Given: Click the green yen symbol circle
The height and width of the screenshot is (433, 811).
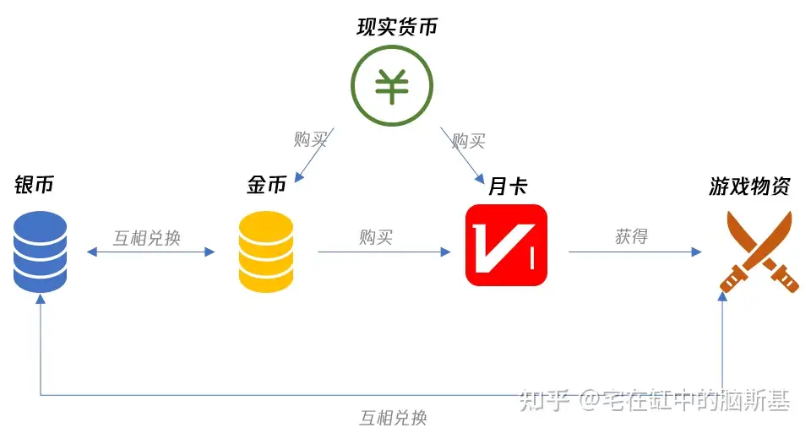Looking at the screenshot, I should [392, 84].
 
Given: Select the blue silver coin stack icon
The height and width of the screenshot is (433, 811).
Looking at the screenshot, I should [41, 251].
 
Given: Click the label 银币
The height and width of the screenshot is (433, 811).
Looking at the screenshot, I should [34, 186].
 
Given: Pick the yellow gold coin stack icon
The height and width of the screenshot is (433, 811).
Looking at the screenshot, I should [266, 251].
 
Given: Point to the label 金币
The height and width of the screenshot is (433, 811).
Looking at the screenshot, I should [266, 186].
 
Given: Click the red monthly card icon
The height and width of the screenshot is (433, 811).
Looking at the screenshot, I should [506, 245].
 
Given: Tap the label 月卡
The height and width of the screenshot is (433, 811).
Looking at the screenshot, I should [507, 186].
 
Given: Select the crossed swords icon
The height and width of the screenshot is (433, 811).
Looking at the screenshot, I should [759, 252].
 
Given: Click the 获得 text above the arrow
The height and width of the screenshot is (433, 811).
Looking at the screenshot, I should [631, 236].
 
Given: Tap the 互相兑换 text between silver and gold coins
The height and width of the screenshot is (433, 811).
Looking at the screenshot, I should [147, 237].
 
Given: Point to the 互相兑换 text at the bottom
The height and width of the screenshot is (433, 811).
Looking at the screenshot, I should [393, 417].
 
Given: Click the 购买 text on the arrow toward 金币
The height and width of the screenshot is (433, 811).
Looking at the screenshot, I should [310, 139].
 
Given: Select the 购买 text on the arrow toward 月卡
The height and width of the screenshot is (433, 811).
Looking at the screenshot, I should [468, 139].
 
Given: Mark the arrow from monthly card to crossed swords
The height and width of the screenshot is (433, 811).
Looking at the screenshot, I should [634, 252].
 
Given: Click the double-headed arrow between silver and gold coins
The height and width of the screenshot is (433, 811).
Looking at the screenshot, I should [150, 252].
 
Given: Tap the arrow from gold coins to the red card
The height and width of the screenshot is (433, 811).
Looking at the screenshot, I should [384, 252].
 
